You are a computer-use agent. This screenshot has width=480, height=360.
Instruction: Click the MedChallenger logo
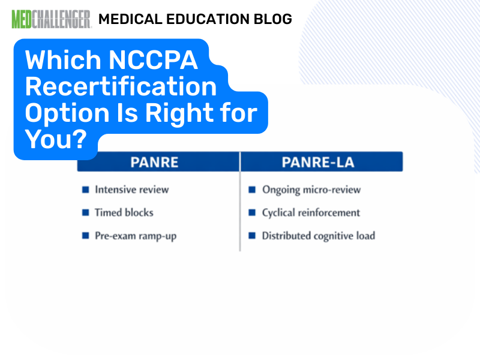[x=51, y=19]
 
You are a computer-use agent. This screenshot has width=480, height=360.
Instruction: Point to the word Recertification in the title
[x=121, y=86]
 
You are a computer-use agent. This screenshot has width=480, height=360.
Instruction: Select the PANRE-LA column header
[x=321, y=162]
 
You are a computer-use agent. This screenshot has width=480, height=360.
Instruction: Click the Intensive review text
[x=132, y=190]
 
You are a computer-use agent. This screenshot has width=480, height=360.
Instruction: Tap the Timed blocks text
[x=124, y=212]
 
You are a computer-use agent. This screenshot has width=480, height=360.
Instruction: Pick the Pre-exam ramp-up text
[x=136, y=236]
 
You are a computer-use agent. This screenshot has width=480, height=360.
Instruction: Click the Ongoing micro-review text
[x=311, y=190]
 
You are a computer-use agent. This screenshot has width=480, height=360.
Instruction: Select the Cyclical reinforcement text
[x=311, y=212]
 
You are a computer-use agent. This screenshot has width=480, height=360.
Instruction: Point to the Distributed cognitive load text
[x=319, y=236]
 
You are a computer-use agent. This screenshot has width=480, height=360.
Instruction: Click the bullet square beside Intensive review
[x=85, y=190]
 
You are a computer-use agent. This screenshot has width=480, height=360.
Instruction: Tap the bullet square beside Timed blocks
[x=85, y=212]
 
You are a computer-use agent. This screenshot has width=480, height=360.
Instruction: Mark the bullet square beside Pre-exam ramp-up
[x=85, y=236]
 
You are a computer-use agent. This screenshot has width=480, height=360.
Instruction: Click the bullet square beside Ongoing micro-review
[x=252, y=190]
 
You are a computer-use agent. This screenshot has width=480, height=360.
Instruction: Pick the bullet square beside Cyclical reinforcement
[x=252, y=212]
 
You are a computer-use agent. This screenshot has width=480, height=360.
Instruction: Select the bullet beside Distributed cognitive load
[x=252, y=236]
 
